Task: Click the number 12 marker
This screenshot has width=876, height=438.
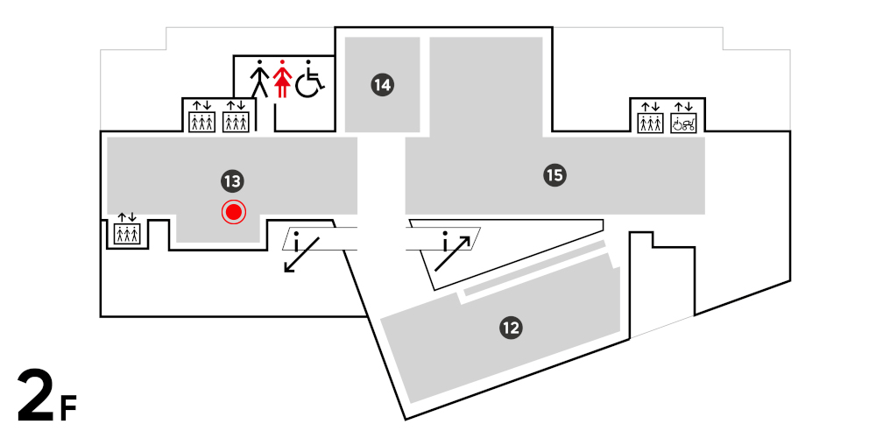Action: click(x=511, y=328)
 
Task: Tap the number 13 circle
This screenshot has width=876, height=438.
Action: click(x=231, y=181)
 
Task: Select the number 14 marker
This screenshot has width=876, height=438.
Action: click(x=382, y=85)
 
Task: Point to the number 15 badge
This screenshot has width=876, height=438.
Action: click(x=554, y=175)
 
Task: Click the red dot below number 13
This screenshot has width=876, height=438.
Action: click(x=234, y=211)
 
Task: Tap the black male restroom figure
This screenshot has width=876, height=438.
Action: click(x=259, y=79)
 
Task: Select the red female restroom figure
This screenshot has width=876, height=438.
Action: click(x=282, y=79)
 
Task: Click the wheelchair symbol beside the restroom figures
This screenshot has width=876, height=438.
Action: click(x=309, y=80)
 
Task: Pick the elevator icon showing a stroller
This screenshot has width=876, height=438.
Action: click(x=682, y=118)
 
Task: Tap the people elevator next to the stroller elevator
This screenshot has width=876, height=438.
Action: click(x=650, y=118)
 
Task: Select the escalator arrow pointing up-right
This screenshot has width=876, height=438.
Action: click(x=454, y=252)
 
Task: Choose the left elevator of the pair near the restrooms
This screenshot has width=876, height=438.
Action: click(x=202, y=118)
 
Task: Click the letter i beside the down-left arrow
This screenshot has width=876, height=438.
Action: click(x=297, y=239)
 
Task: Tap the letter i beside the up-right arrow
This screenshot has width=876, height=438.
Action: click(x=446, y=239)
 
